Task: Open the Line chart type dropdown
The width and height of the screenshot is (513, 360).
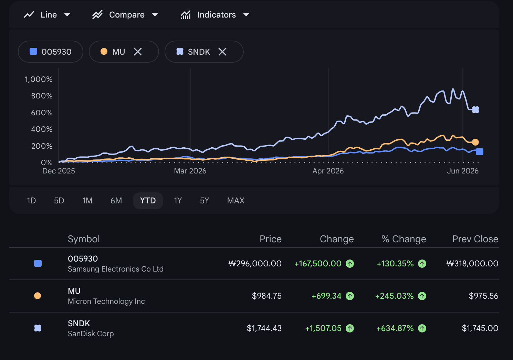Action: [x=47, y=15]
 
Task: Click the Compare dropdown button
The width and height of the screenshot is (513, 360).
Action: [x=125, y=15]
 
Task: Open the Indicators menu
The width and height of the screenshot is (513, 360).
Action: [x=215, y=15]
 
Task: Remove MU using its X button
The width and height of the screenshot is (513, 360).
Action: [x=138, y=52]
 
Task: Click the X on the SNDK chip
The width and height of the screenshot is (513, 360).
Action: [x=222, y=52]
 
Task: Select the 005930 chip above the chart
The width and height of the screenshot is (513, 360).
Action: [x=51, y=52]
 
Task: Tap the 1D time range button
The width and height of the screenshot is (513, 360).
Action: [x=31, y=201]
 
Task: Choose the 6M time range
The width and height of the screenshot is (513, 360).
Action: [x=116, y=201]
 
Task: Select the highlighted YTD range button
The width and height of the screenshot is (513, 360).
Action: [x=148, y=201]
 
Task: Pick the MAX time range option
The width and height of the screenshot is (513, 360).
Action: [x=235, y=201]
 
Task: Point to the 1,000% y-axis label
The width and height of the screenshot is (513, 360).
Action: [x=39, y=80]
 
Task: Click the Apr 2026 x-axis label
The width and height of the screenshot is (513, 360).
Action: [x=328, y=171]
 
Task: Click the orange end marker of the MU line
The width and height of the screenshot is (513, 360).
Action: [x=475, y=142]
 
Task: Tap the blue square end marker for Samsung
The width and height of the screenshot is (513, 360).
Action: [x=480, y=151]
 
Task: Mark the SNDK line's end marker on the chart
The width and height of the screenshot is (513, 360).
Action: [x=475, y=110]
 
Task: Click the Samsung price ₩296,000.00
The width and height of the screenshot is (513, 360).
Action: [x=255, y=264]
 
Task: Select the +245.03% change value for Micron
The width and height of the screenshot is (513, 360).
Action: [x=394, y=296]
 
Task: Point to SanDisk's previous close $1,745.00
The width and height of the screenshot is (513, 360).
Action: [x=480, y=328]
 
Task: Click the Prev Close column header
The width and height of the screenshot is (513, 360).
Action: [x=475, y=239]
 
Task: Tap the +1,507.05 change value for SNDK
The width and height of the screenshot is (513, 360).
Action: [x=323, y=328]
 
